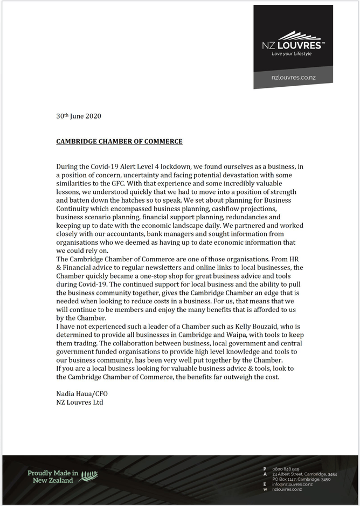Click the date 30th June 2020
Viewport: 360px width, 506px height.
(79, 116)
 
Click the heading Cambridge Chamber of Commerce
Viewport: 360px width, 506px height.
(119, 142)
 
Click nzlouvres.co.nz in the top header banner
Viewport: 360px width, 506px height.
(293, 78)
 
